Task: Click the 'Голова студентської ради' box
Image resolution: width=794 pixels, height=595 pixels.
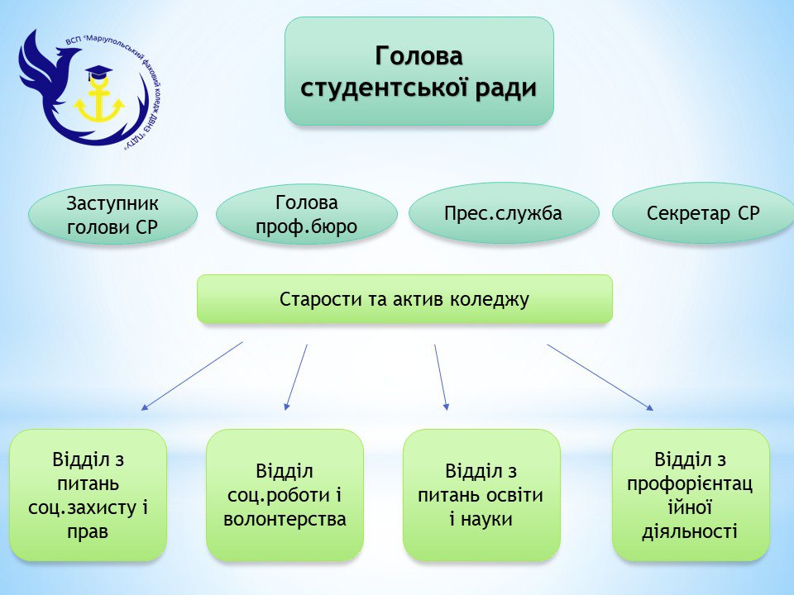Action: point(419,71)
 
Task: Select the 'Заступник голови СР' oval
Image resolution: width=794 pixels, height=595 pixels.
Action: point(112,215)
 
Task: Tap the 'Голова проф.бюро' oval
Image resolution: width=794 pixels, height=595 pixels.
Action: point(306,214)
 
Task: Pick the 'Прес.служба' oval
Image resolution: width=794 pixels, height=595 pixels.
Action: point(503,213)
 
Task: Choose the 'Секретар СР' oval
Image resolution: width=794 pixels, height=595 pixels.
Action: point(703,213)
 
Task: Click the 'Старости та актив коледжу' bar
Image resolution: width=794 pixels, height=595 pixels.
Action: point(404,298)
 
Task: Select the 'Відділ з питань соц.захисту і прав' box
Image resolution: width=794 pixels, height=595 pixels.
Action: point(88,495)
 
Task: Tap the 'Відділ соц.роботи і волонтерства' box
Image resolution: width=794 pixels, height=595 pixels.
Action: point(285,495)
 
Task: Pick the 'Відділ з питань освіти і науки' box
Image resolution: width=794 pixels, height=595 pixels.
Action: point(481,495)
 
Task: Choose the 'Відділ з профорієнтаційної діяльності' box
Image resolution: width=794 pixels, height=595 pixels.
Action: point(691,495)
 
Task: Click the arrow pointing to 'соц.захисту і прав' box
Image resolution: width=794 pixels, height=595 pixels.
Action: point(192,376)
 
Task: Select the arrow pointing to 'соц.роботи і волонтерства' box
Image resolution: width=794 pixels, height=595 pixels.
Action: point(296,377)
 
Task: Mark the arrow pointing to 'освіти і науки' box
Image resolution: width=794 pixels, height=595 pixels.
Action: point(442,377)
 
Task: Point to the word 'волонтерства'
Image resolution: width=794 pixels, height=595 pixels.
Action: point(285,520)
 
